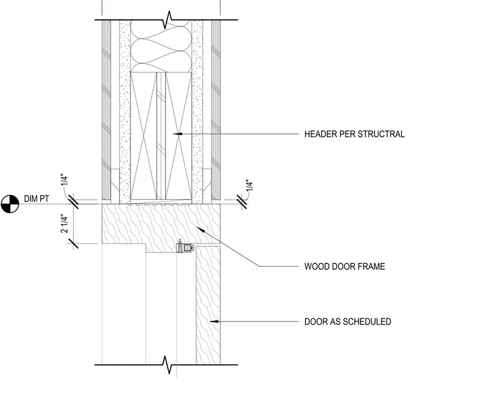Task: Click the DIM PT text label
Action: [x=36, y=198]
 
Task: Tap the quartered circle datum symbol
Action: [x=10, y=204]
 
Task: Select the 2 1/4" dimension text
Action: [x=64, y=223]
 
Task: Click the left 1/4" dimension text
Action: [x=64, y=181]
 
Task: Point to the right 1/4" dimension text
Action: [x=250, y=185]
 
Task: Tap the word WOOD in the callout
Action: [x=315, y=267]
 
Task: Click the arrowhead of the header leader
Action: [x=178, y=133]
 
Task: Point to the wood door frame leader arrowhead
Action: [x=201, y=230]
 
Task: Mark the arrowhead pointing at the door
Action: [x=214, y=322]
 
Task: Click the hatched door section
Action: [x=208, y=306]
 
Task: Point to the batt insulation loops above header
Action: [x=161, y=47]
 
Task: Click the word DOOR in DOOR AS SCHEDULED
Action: [x=315, y=322]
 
